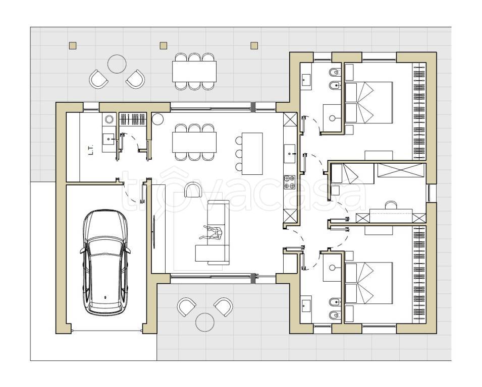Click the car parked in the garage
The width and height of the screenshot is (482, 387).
pos(105,263)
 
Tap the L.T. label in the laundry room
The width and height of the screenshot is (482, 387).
pos(91,150)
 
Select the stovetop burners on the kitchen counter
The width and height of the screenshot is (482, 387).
pos(289,182)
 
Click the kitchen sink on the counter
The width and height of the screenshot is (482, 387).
pos(290,154)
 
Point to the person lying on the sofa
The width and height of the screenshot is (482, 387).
pos(212,232)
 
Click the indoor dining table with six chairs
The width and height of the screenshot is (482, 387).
pos(194,142)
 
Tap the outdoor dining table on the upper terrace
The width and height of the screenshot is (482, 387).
pos(194,71)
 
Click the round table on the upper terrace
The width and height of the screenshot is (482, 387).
pos(117,64)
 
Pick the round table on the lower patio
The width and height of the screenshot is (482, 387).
pos(205,322)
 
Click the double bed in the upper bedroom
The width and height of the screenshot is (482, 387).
pos(369,102)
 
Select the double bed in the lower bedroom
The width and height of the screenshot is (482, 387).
pos(369,283)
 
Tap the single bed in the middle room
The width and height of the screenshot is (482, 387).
pos(353,174)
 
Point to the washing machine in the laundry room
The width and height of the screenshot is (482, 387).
pos(109,119)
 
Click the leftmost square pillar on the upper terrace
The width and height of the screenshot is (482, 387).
pos(73,46)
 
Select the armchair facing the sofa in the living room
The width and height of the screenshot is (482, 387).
pos(192,189)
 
